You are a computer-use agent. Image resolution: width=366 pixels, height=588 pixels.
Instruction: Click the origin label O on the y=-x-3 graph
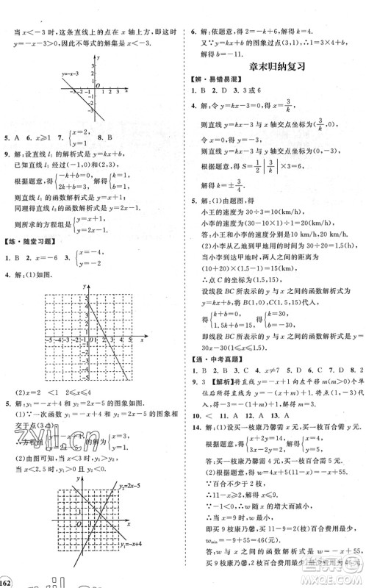96,87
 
